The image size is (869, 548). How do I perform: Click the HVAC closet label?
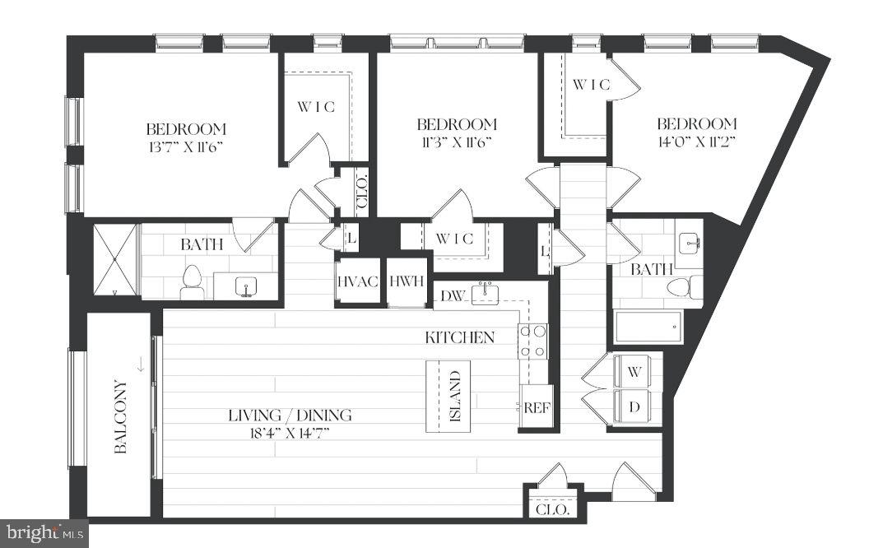tap(358, 281)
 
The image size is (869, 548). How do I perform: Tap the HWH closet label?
tap(406, 281)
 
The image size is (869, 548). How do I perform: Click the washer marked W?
tap(634, 372)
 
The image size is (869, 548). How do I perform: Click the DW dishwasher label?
tap(453, 295)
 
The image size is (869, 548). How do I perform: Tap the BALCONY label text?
tap(121, 416)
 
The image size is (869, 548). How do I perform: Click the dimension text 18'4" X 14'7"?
tap(290, 432)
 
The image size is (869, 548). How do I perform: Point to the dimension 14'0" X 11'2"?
tap(695, 141)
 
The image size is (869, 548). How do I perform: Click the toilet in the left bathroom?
tap(192, 282)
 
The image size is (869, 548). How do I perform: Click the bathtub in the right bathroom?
tap(648, 327)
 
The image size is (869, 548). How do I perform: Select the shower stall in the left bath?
tap(114, 259)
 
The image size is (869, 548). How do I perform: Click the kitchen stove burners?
tap(532, 341)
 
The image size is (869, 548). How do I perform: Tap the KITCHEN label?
tap(459, 337)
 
